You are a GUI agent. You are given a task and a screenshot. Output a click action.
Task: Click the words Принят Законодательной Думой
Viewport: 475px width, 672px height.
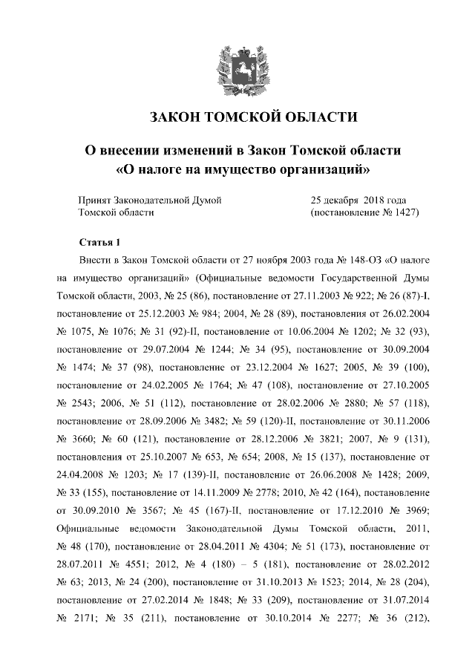149,200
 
